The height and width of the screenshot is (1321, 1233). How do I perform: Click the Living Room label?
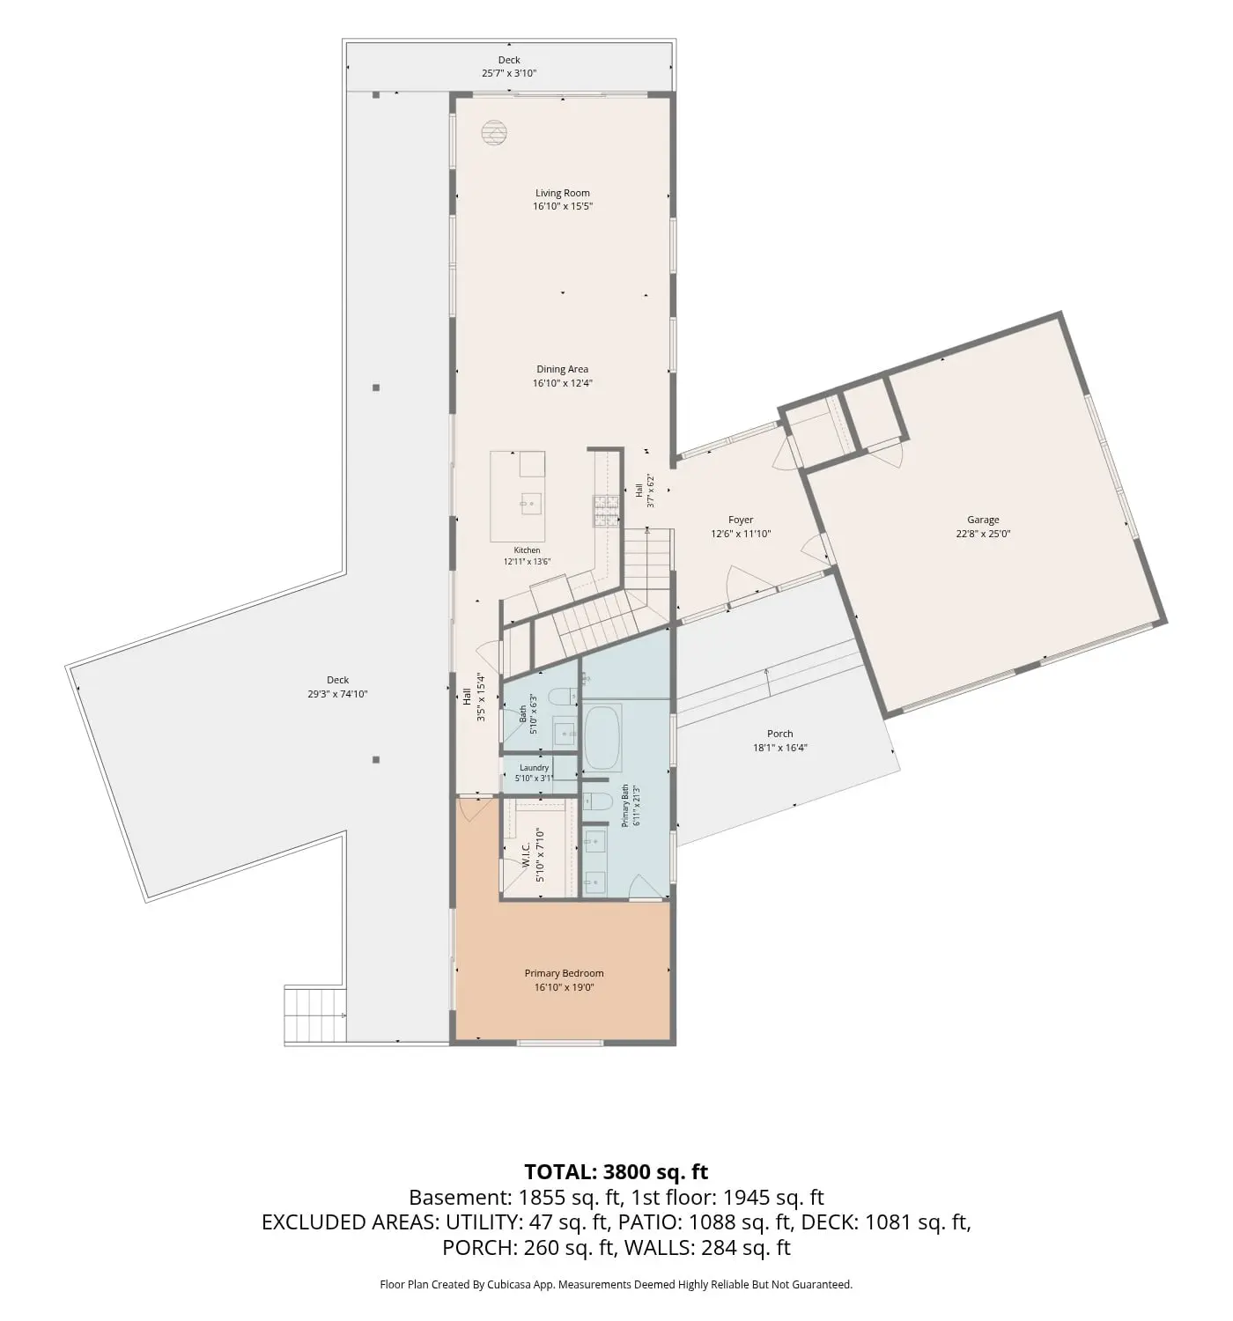(x=562, y=193)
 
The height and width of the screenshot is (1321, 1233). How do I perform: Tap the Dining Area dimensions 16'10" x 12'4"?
(x=562, y=383)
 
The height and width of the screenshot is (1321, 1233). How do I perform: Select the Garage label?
(x=983, y=520)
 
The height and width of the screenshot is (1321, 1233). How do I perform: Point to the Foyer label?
(x=741, y=520)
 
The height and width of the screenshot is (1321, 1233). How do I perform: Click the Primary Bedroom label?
(x=564, y=973)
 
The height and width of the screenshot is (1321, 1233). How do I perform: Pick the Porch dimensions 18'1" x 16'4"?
(x=779, y=748)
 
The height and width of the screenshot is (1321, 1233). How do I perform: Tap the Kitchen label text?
(x=527, y=550)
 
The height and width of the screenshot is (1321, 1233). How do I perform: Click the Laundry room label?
(x=534, y=768)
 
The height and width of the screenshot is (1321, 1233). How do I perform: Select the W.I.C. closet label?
(x=526, y=855)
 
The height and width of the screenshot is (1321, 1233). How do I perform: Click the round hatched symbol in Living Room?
(x=494, y=133)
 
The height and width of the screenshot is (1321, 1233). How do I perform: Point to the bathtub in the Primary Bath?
(x=602, y=738)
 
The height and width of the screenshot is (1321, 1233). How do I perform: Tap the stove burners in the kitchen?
(x=606, y=511)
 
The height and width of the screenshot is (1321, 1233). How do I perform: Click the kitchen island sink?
(x=531, y=504)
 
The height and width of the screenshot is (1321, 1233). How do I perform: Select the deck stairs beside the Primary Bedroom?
(x=315, y=1015)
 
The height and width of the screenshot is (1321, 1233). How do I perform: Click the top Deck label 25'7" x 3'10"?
(x=509, y=67)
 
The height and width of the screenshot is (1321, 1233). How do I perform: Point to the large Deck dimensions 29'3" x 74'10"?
(x=337, y=694)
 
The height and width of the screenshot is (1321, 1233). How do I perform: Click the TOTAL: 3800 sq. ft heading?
(x=616, y=1171)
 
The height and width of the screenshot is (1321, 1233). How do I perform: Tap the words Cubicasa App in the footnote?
(x=521, y=1284)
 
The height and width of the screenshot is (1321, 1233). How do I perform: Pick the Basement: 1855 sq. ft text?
(x=514, y=1198)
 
